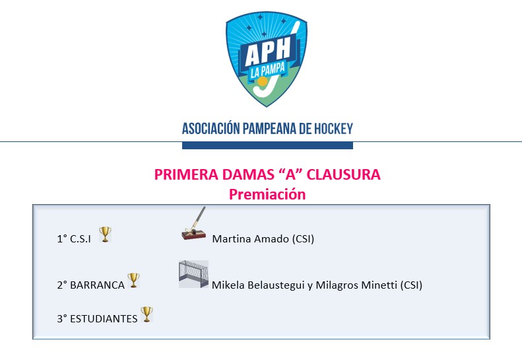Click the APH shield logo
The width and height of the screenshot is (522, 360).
(267, 59)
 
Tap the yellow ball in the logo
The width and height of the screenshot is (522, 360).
(263, 81)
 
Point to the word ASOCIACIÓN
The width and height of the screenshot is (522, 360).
(211, 128)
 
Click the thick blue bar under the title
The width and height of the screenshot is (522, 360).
(267, 145)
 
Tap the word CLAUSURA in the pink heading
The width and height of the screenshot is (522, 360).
(343, 174)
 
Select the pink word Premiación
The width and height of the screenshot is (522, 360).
(267, 194)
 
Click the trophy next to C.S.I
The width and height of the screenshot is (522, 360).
(105, 234)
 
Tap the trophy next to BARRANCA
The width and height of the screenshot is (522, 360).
(133, 280)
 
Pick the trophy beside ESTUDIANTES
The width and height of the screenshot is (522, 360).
(147, 314)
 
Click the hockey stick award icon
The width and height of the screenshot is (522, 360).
(194, 223)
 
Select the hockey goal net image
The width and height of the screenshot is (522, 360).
(193, 274)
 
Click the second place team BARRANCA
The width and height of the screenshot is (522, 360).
(97, 285)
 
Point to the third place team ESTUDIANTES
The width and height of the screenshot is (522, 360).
(104, 319)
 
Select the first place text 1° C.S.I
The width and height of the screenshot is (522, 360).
(74, 239)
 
